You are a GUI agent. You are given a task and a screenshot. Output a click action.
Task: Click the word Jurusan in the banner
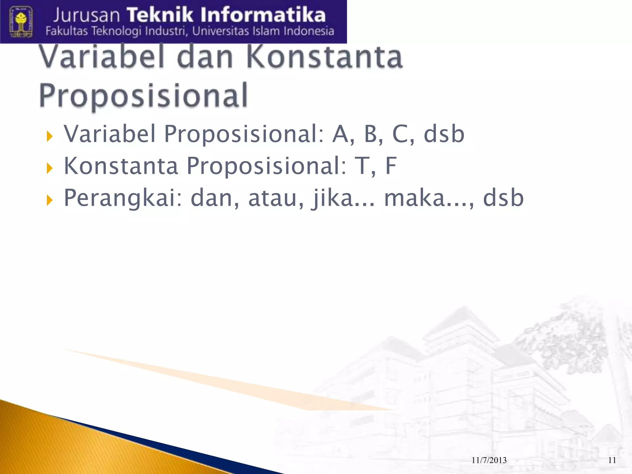[86, 15]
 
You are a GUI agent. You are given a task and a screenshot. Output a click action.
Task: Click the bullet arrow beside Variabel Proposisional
[49, 136]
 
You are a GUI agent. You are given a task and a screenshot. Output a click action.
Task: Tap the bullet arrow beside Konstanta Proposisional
[49, 168]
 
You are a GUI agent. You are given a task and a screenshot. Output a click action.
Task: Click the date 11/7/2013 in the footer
[489, 460]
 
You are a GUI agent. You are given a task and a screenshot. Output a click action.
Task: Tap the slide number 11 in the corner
[612, 460]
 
